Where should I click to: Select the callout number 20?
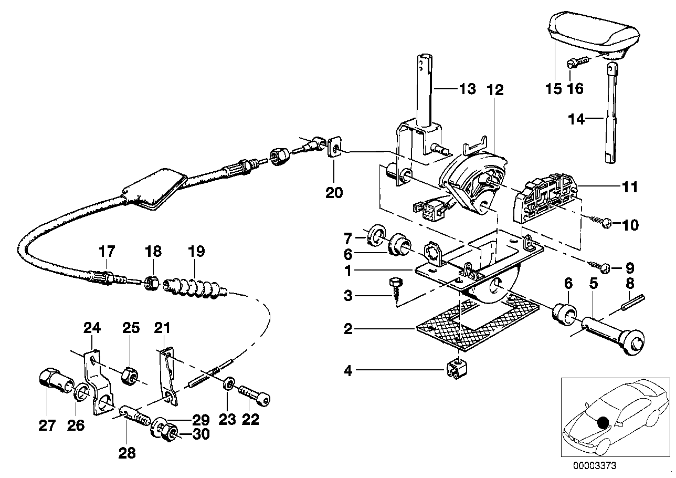point(334,193)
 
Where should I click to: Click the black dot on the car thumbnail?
point(604,422)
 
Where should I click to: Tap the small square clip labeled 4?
point(455,370)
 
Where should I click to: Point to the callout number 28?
point(128,453)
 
